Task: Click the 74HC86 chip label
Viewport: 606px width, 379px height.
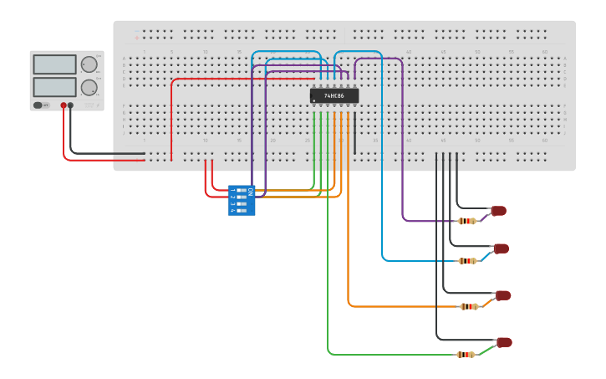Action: (334, 96)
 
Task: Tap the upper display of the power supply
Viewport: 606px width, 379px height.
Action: (54, 64)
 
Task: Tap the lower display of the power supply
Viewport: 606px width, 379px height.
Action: (54, 87)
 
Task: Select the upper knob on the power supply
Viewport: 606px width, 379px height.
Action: (89, 64)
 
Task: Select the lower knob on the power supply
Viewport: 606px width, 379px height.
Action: (89, 87)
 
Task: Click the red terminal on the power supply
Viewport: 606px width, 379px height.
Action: (63, 105)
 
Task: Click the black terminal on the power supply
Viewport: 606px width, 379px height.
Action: (71, 105)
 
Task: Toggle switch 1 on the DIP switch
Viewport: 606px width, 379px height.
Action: (242, 191)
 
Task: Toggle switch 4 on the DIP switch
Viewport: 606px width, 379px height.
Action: (242, 210)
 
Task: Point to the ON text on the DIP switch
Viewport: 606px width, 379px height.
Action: (250, 192)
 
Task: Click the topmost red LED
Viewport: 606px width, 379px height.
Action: (499, 210)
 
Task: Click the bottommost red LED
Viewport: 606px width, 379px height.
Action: (504, 342)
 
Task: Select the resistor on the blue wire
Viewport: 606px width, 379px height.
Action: (468, 261)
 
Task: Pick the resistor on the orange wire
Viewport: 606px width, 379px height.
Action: (470, 306)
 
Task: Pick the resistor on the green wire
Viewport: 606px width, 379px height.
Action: (466, 355)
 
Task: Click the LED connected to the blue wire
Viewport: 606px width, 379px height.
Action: (502, 248)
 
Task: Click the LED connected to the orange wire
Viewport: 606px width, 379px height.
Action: (503, 295)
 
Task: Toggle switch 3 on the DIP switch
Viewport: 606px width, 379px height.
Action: (242, 203)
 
